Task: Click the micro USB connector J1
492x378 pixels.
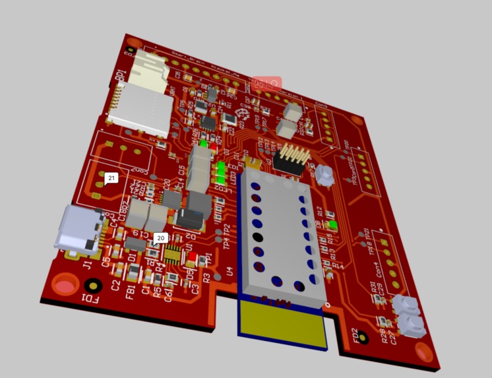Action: (x=78, y=228)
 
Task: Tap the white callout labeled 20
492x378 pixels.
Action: (x=160, y=237)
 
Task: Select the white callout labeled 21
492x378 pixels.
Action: (x=111, y=179)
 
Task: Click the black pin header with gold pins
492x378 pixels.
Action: (x=293, y=159)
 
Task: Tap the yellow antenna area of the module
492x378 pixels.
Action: (x=283, y=324)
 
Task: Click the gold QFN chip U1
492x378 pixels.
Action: (x=173, y=253)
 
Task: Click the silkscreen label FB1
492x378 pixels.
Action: (x=131, y=290)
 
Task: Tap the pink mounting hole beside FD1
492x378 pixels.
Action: (x=65, y=286)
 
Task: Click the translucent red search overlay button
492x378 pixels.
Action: (x=266, y=84)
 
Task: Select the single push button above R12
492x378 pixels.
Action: (x=324, y=175)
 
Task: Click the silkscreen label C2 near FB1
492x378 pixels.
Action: (x=116, y=286)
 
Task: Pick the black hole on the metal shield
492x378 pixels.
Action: (x=258, y=236)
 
